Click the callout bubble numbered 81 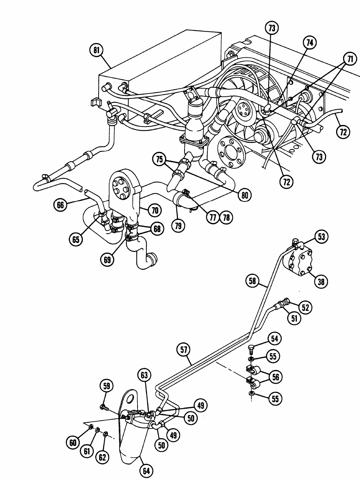click(x=96, y=50)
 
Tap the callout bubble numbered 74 click(x=310, y=43)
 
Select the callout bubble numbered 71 click(x=350, y=59)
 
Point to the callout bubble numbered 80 click(x=245, y=195)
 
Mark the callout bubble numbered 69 click(x=107, y=260)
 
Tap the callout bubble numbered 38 click(x=321, y=282)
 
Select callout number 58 click(x=252, y=281)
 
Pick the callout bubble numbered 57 click(x=183, y=350)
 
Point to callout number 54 click(x=274, y=339)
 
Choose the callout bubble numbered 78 click(x=227, y=217)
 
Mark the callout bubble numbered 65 click(x=76, y=239)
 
